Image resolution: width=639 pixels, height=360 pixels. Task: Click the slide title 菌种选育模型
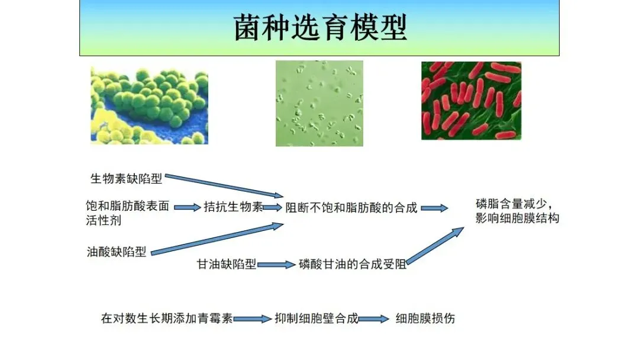[320, 28]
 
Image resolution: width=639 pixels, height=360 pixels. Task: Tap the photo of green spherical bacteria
[149, 105]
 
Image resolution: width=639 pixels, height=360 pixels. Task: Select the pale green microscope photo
[319, 104]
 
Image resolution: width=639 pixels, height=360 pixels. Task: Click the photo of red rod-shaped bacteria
[471, 101]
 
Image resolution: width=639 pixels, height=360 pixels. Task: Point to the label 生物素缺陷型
[127, 179]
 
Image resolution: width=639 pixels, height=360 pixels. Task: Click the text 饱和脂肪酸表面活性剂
[128, 213]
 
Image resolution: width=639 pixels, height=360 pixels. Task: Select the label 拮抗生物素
[233, 207]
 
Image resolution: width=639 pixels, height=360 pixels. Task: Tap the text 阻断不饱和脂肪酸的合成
[351, 208]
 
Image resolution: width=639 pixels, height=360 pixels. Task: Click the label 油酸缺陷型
[117, 252]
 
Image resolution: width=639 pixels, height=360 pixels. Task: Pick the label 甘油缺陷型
[227, 264]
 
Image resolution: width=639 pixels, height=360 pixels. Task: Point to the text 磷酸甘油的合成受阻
[353, 264]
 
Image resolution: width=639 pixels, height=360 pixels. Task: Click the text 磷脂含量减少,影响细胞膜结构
[517, 211]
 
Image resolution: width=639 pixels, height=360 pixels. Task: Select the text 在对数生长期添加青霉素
[167, 318]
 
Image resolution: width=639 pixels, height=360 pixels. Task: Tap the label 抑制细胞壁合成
[316, 318]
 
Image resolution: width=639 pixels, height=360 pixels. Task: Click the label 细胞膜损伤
[425, 318]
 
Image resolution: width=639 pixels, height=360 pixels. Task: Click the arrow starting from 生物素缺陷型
[224, 186]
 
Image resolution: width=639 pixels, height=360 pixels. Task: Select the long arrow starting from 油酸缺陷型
[217, 239]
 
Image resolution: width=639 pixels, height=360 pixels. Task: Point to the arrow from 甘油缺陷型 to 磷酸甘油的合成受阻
[276, 265]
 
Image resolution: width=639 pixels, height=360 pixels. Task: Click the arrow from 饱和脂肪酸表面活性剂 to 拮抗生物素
[188, 207]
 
